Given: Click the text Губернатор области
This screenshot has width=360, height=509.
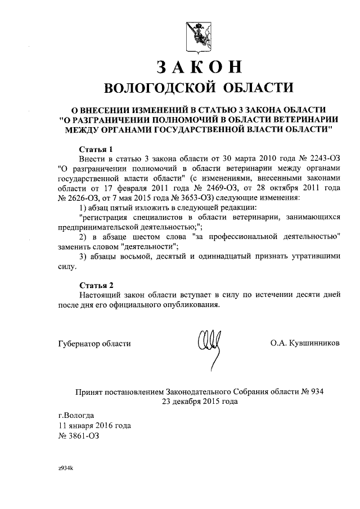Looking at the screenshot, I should [94, 343].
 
